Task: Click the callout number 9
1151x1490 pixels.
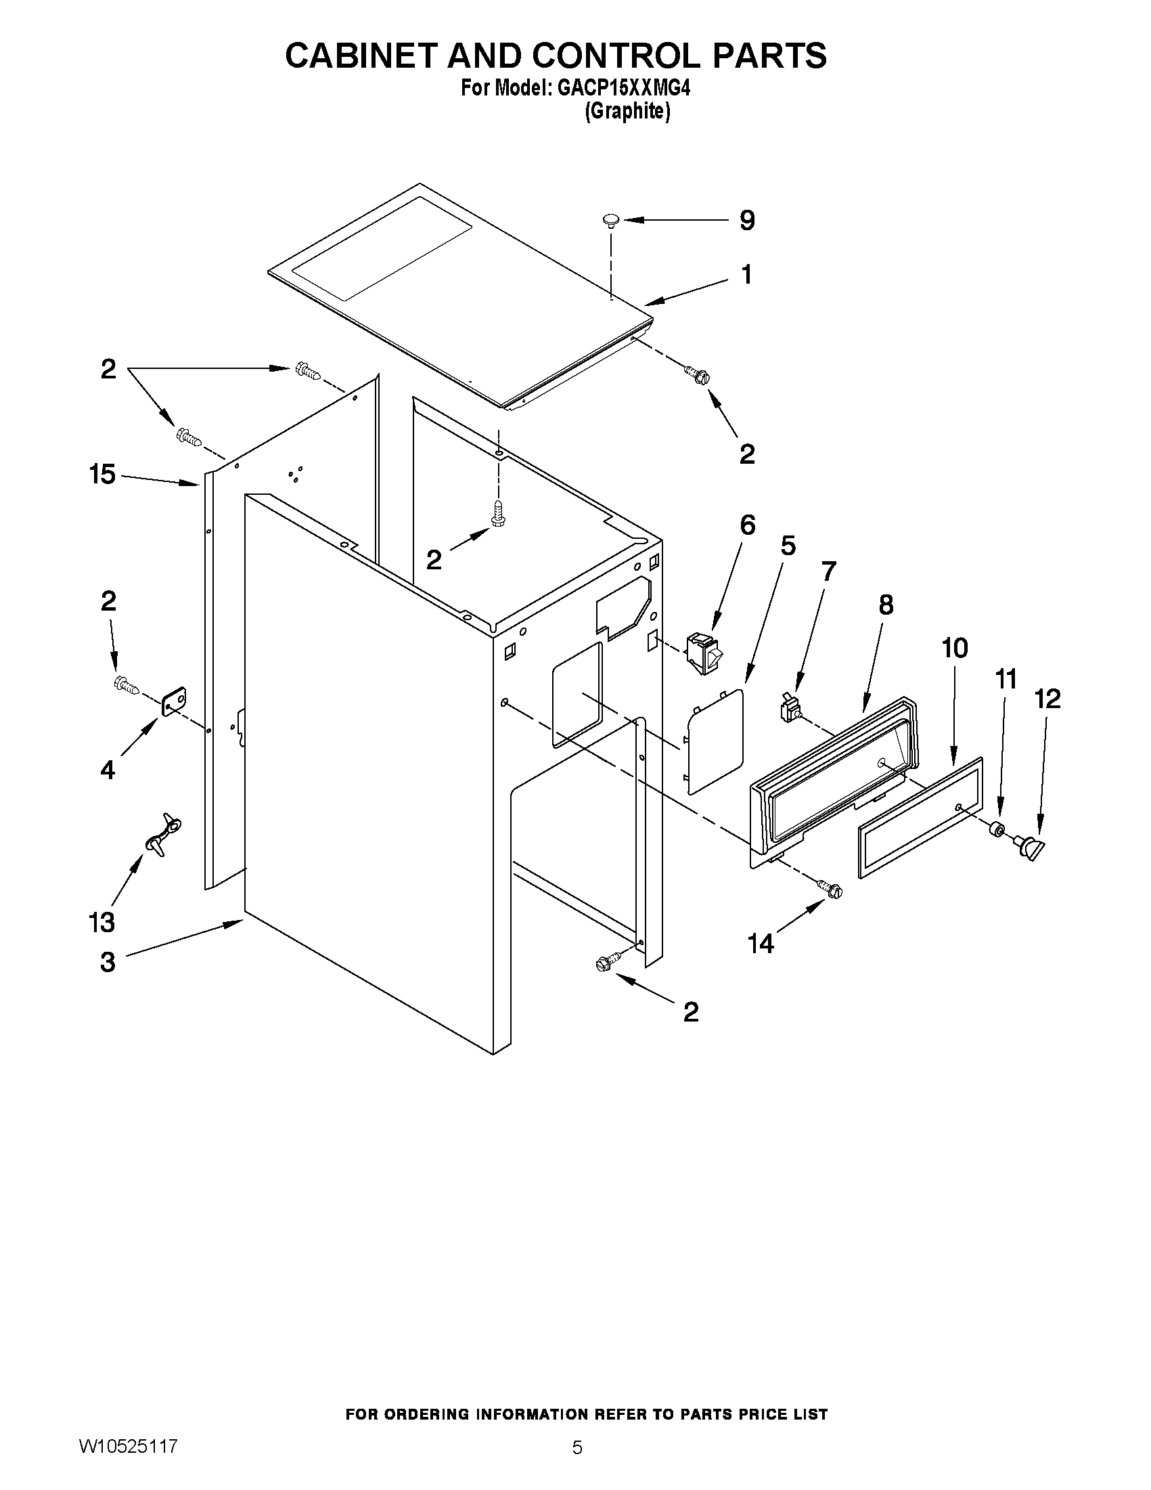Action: [x=747, y=221]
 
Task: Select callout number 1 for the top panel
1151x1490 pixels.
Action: [x=746, y=275]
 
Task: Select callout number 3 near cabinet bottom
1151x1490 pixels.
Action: [x=108, y=962]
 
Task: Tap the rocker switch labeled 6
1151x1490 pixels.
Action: [x=705, y=653]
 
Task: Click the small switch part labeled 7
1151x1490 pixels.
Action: [x=789, y=707]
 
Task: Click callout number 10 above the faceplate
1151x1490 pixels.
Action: [x=955, y=648]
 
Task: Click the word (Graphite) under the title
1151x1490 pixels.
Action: [x=627, y=111]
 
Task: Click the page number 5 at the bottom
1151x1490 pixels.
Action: [x=577, y=1448]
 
